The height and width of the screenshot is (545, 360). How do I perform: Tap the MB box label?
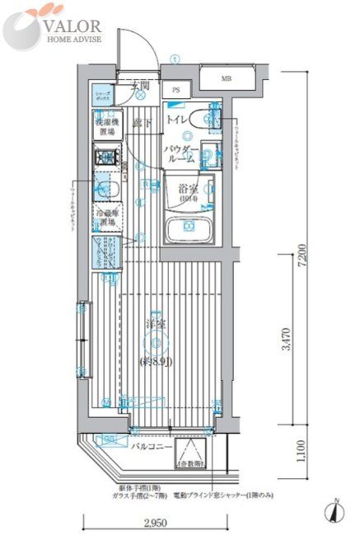226,79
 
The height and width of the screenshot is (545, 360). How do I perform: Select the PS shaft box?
176,90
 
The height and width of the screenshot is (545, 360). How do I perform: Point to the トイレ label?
176,120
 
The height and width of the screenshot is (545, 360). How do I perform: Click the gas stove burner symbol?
105,156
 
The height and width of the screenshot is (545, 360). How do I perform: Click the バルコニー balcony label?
151,446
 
